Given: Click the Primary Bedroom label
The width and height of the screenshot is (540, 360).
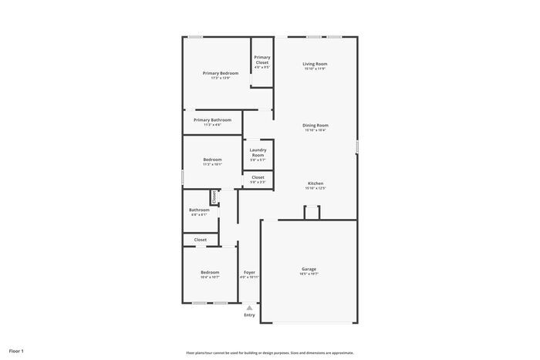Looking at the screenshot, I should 221,73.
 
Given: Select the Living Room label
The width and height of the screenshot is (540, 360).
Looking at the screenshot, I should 315,64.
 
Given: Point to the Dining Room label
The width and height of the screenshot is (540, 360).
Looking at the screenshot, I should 316,125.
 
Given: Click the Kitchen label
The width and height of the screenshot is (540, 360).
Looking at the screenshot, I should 316,183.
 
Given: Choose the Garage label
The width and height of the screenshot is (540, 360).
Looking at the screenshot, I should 309,269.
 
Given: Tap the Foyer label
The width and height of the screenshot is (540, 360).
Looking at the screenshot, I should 249,272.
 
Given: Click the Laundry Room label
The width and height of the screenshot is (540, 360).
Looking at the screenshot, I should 258,153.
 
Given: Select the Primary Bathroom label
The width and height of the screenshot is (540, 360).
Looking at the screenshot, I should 212,119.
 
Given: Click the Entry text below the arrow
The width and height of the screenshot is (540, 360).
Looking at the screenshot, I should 249,315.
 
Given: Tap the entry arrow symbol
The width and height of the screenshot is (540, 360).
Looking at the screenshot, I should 249,308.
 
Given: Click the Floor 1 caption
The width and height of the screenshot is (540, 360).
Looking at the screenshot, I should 16,351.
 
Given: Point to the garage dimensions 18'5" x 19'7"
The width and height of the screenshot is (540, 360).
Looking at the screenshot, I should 309,274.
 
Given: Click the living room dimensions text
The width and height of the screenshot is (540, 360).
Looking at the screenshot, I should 315,69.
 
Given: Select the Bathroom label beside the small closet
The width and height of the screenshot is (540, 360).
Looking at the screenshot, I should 199,210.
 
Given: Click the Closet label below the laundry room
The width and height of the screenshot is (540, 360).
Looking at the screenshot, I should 258,177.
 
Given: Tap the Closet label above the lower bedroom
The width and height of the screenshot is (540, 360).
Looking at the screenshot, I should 200,240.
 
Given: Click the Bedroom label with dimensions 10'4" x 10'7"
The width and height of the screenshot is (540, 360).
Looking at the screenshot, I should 210,272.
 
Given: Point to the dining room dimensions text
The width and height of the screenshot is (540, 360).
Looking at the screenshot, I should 316,130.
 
